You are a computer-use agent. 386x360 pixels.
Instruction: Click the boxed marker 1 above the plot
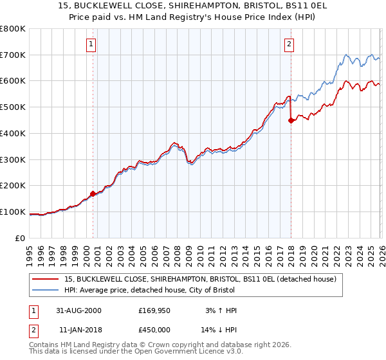point(91,44)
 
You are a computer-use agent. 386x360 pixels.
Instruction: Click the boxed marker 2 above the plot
point(289,44)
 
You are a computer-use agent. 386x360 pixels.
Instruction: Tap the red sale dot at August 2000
point(93,193)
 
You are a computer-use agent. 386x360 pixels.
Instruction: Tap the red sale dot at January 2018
point(291,120)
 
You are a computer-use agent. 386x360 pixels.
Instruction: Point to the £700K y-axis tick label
point(13,55)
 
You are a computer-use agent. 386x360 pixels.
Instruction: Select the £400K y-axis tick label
point(13,134)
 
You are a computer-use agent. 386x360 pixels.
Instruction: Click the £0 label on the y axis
point(21,239)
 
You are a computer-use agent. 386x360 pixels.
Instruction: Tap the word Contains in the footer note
point(45,345)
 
